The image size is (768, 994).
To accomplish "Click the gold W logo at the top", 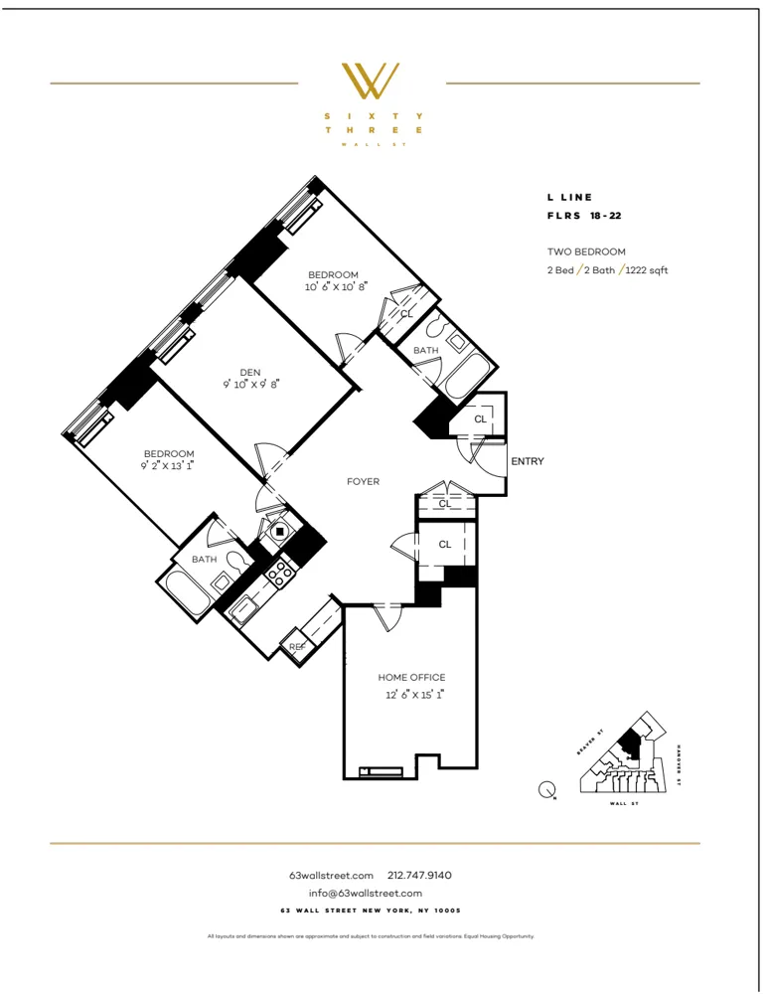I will (371, 82).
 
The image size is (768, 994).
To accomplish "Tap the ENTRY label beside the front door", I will (527, 461).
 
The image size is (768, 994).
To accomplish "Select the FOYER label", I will (363, 481).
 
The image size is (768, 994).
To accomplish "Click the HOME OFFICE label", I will (410, 677).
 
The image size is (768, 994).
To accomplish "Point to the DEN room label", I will (249, 372).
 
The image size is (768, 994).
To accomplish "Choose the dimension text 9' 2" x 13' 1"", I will (168, 465).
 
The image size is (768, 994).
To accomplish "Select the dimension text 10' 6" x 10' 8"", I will (333, 287).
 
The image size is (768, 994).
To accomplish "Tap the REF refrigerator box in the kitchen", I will (296, 647).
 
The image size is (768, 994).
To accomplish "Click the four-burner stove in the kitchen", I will (278, 572).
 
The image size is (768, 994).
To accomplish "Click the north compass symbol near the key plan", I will (546, 791).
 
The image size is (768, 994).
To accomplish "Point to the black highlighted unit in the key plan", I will (629, 744).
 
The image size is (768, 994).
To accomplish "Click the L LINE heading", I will (569, 198).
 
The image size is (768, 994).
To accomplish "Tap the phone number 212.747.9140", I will (419, 875).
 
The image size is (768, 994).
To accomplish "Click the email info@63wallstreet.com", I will (365, 893).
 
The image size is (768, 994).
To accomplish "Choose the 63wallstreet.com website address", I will (331, 875).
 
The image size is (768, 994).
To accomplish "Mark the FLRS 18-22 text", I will (584, 215).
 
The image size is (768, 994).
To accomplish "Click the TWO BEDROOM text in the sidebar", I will (586, 252).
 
